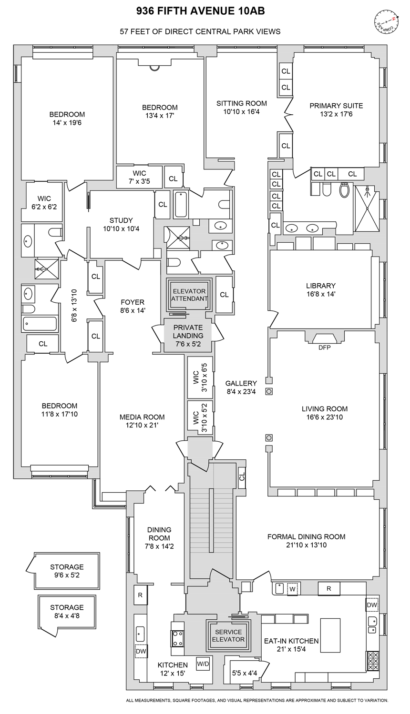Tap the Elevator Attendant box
pos(189,295)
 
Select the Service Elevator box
pos(228,635)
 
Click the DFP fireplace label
pos(324,347)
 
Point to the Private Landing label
pos(188,331)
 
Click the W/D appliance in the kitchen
pos(203,664)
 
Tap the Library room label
pos(321,286)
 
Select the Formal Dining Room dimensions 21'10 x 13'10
pos(306,545)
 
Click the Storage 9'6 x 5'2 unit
pos(67,571)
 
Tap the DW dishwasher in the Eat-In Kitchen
pos(372,605)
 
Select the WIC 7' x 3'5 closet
pos(140,177)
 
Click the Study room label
pos(121,220)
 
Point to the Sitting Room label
pos(241,103)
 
